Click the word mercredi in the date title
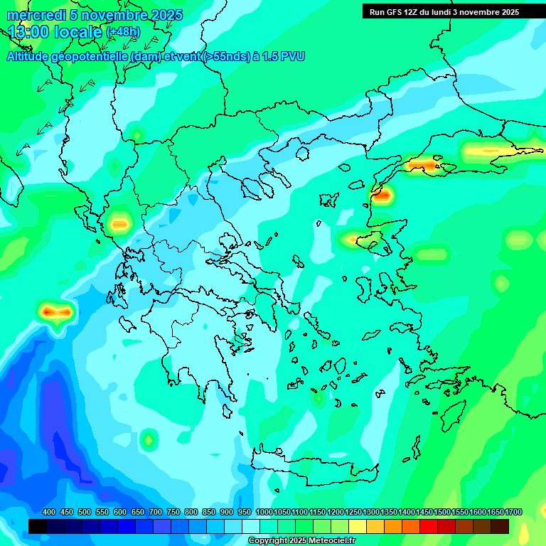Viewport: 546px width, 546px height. pos(37,15)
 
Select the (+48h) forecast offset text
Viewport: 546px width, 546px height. pos(123,32)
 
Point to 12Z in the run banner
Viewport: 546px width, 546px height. pos(418,12)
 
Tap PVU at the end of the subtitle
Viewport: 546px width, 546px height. pos(292,56)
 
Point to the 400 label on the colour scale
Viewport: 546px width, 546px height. pos(49,513)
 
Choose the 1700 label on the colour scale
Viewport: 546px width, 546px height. pos(513,513)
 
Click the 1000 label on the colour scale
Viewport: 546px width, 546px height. pos(264,513)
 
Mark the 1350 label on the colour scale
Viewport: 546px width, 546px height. pos(389,513)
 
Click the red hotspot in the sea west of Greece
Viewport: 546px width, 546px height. pos(56,311)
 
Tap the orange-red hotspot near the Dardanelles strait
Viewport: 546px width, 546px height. pos(382,194)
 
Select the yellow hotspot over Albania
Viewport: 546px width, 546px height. pos(119,225)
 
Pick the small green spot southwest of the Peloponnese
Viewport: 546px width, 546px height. pos(148,440)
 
